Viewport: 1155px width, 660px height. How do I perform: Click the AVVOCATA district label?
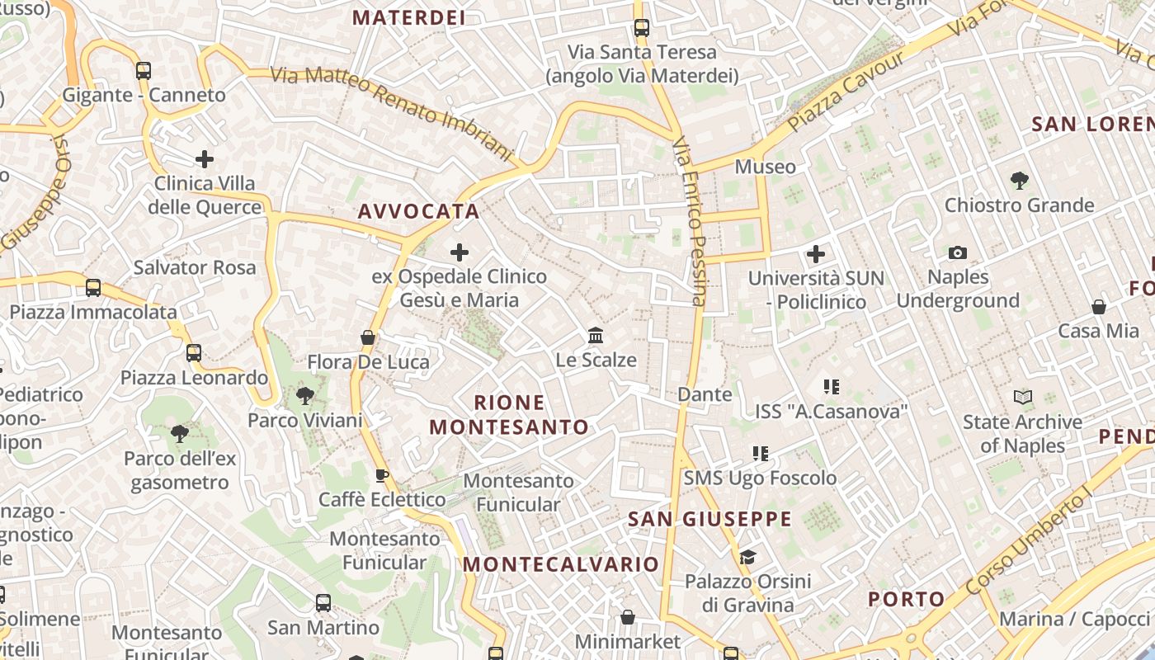click(418, 211)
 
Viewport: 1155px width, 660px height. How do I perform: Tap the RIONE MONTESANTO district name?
click(509, 415)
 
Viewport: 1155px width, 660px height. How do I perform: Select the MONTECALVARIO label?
click(561, 564)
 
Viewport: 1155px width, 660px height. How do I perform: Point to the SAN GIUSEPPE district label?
click(709, 519)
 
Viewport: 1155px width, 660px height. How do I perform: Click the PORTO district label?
click(907, 599)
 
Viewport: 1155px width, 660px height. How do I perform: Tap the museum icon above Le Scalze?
click(596, 335)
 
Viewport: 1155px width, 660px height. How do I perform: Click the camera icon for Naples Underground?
click(957, 252)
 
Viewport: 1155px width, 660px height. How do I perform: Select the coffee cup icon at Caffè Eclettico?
click(381, 474)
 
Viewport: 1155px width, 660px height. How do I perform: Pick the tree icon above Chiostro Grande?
click(1019, 180)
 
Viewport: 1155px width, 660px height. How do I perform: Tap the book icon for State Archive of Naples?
click(1023, 397)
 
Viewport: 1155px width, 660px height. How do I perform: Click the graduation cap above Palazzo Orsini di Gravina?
click(747, 557)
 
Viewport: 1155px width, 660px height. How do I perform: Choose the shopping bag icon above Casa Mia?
click(1098, 307)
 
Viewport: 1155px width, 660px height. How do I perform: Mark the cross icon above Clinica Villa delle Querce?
click(205, 158)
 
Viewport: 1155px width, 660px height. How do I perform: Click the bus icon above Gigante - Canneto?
click(144, 70)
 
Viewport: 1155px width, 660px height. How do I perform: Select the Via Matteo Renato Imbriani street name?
click(392, 111)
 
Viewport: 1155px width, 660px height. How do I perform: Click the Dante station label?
click(705, 394)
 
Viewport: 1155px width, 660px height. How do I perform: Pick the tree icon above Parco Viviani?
click(305, 395)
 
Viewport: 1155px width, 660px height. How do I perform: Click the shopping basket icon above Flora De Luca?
click(368, 337)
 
